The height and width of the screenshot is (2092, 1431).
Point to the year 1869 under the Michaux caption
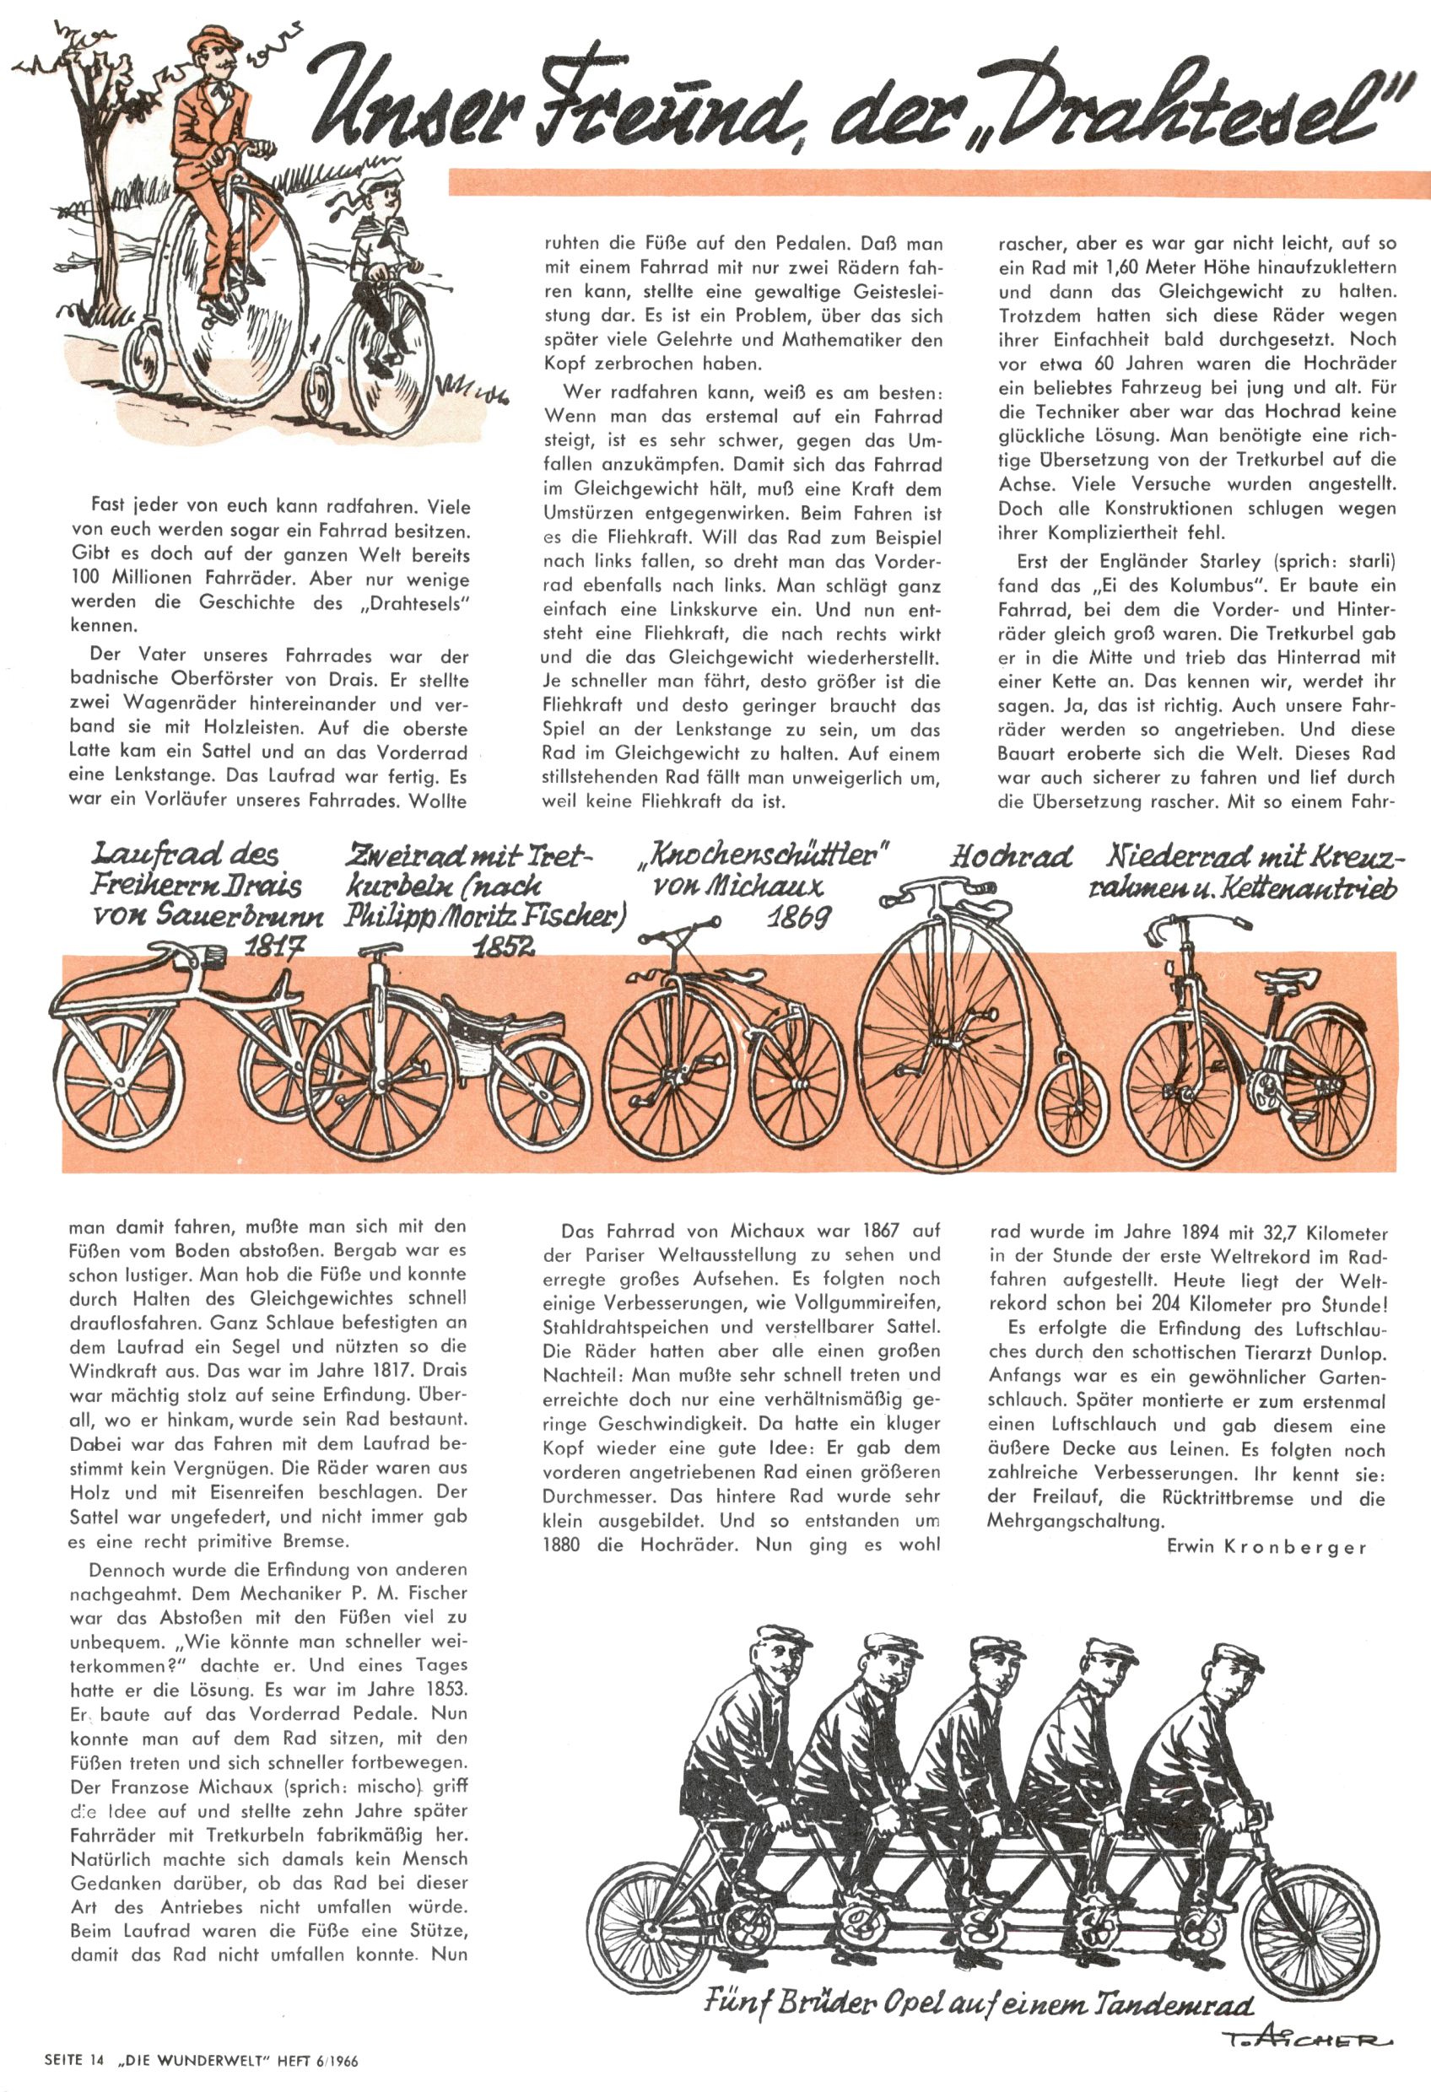(798, 917)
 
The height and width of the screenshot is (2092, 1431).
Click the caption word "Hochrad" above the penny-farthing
(1011, 856)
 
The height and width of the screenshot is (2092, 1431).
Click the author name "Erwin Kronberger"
(1266, 1546)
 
